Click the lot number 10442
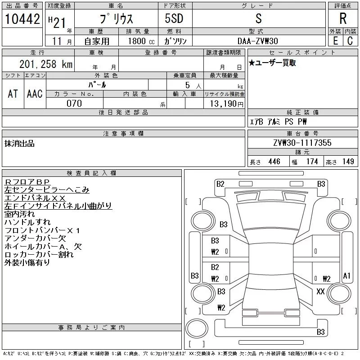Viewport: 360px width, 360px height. pyautogui.click(x=22, y=19)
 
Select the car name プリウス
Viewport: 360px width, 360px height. pyautogui.click(x=116, y=19)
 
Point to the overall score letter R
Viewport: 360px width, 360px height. pyautogui.click(x=343, y=19)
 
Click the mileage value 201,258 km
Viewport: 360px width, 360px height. pyautogui.click(x=46, y=64)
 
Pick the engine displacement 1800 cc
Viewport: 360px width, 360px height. pyautogui.click(x=137, y=41)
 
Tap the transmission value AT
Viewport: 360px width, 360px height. pyautogui.click(x=13, y=94)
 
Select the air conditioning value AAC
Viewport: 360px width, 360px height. pyautogui.click(x=35, y=94)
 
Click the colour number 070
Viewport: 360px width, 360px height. pyautogui.click(x=74, y=103)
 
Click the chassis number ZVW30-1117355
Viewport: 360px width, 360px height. pyautogui.click(x=302, y=143)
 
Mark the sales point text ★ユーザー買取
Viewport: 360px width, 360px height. pyautogui.click(x=272, y=63)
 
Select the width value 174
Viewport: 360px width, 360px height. pyautogui.click(x=311, y=162)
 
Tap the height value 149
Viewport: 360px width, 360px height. pyautogui.click(x=348, y=162)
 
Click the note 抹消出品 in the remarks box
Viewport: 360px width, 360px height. pyautogui.click(x=19, y=144)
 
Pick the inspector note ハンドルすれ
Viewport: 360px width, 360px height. pyautogui.click(x=27, y=222)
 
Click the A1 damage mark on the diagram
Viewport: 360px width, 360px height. pyautogui.click(x=346, y=275)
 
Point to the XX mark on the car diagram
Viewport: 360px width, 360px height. pyautogui.click(x=320, y=292)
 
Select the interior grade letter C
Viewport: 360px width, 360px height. pyautogui.click(x=350, y=41)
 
